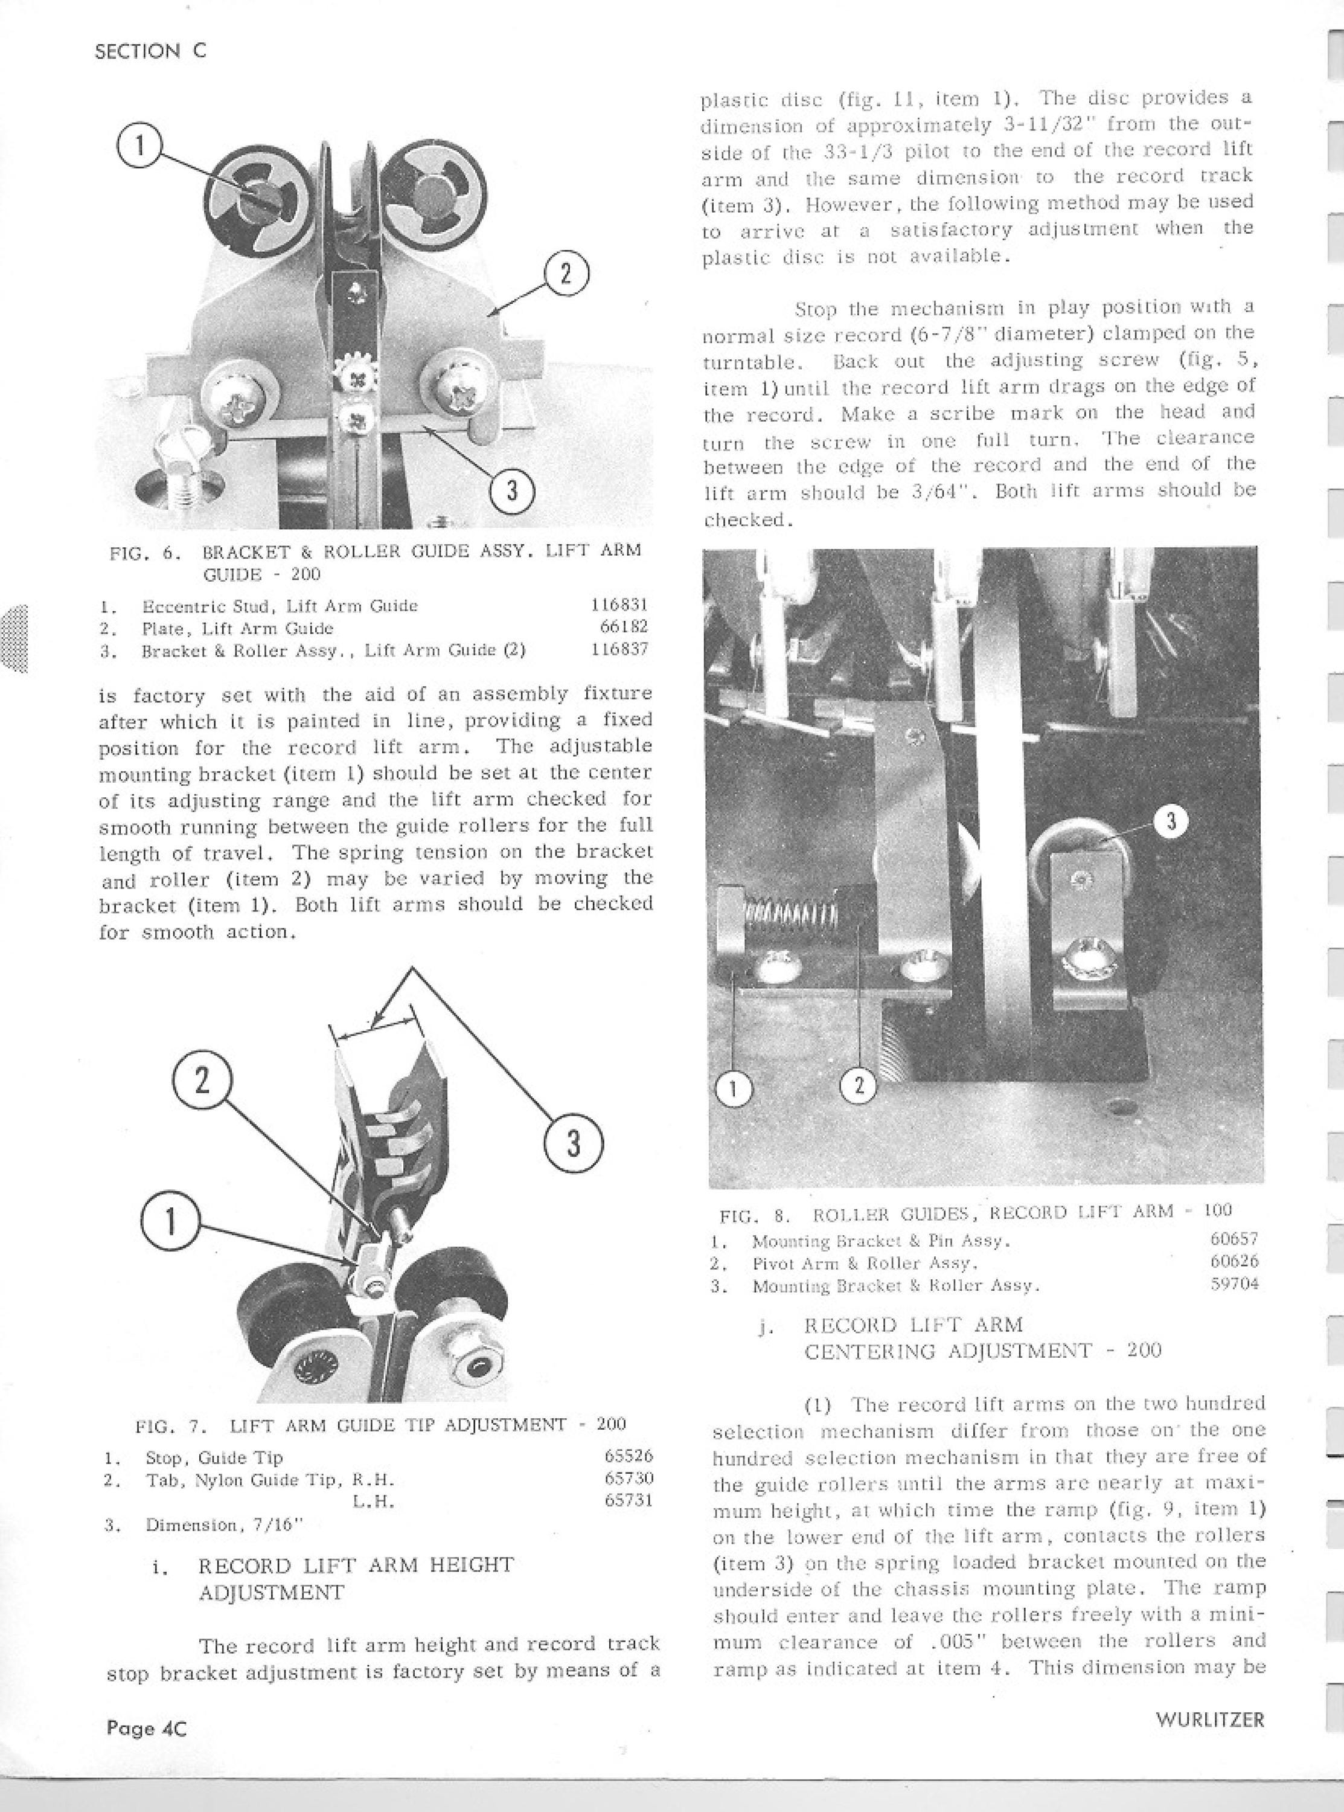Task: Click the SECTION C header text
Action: [150, 51]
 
